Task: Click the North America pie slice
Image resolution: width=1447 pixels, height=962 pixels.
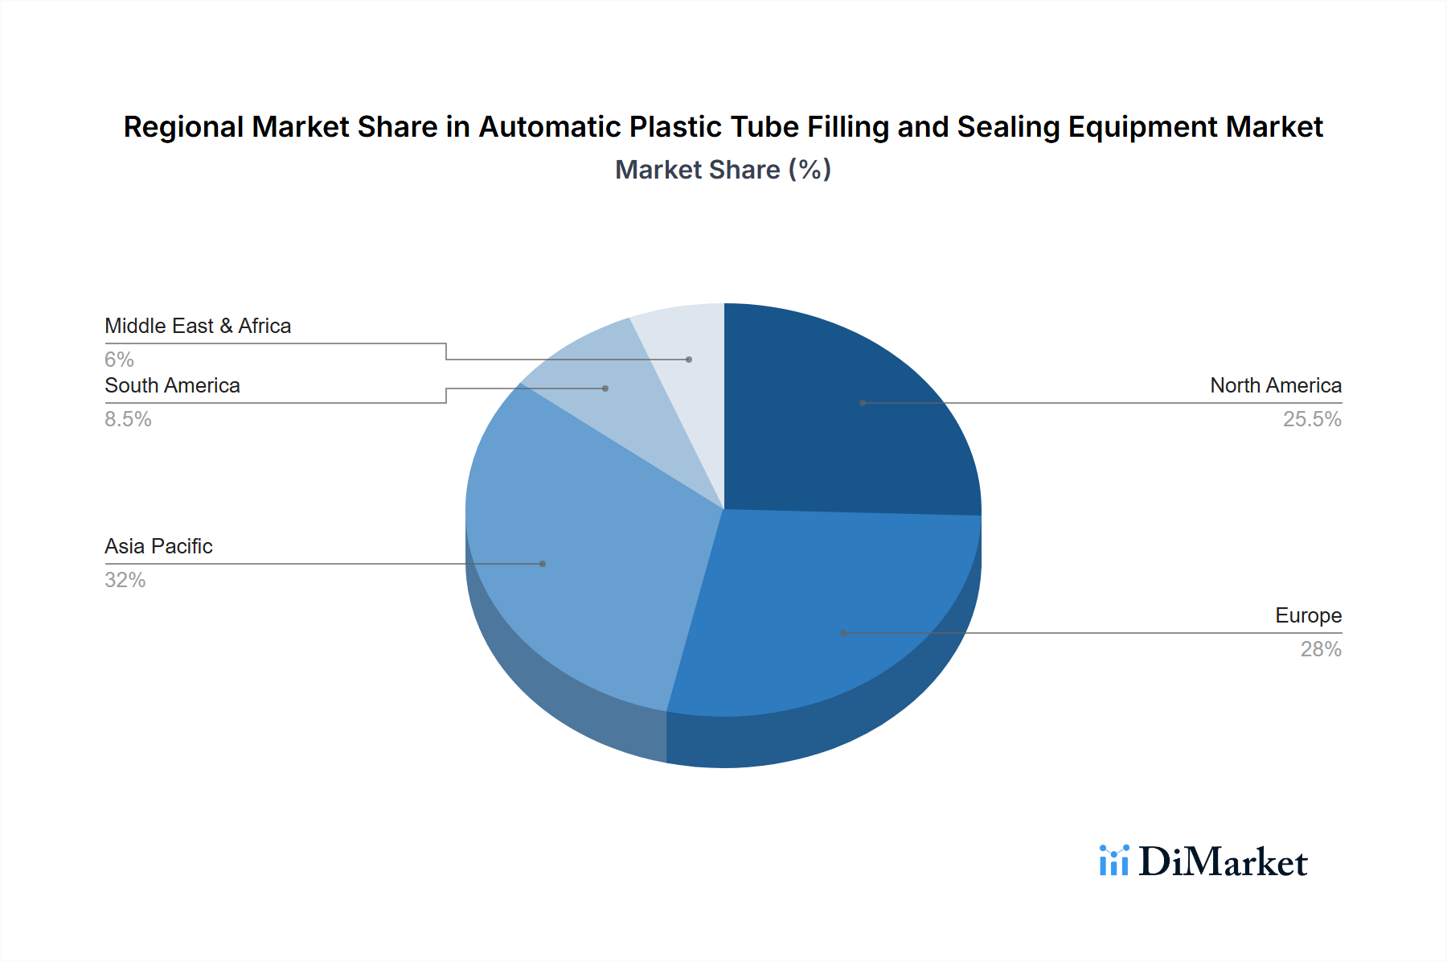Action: tap(844, 418)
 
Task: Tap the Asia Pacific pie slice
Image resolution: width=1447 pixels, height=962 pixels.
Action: tap(579, 547)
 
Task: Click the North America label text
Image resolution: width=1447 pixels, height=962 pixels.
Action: tap(1275, 386)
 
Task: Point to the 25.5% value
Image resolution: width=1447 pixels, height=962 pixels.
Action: tap(1311, 419)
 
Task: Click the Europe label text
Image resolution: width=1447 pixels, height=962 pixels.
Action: tap(1308, 616)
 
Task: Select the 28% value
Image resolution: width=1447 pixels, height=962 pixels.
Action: tap(1320, 649)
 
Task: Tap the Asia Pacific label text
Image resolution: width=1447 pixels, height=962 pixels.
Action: tap(158, 547)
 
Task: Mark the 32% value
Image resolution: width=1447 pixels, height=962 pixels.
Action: tap(125, 580)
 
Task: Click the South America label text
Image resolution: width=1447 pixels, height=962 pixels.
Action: tap(172, 386)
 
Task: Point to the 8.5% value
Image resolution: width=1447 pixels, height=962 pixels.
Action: tap(128, 419)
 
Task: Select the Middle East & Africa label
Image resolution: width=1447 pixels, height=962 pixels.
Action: tap(198, 327)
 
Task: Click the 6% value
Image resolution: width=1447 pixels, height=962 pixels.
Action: tap(119, 360)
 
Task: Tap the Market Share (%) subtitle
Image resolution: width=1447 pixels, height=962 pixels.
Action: tap(723, 170)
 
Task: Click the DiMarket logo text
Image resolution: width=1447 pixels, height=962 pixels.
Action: tap(1223, 862)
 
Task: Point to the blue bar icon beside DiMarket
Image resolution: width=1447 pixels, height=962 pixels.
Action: tap(1114, 861)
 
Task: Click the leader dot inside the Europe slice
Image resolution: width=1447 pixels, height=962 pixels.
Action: tap(843, 633)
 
